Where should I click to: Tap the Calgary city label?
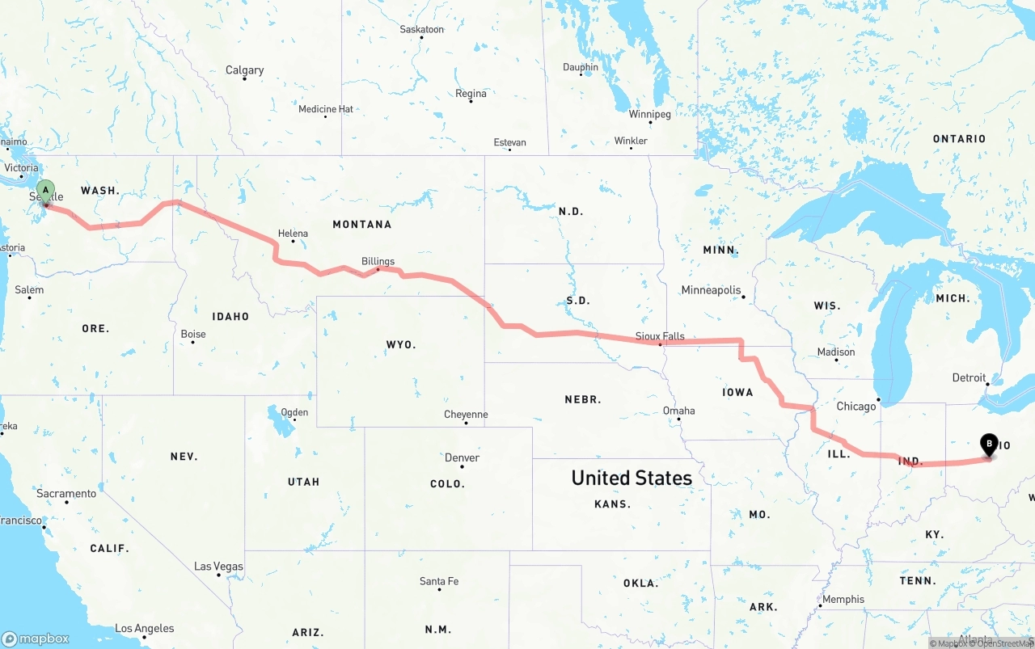tap(244, 70)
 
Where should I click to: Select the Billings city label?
tap(378, 261)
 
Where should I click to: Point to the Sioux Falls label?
tap(660, 336)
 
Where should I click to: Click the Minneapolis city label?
tap(711, 290)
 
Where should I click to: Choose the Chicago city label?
tap(856, 406)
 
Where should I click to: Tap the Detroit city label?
tap(969, 377)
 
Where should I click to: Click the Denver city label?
tap(462, 457)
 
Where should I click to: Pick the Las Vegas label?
tap(218, 567)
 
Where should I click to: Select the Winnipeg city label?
tap(649, 115)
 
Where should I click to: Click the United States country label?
tap(632, 478)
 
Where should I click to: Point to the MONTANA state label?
tap(361, 224)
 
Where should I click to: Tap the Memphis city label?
tap(843, 600)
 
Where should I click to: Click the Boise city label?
tap(193, 334)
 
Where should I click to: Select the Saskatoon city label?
tap(421, 30)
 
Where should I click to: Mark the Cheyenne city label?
tap(466, 415)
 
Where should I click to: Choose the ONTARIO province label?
tap(959, 139)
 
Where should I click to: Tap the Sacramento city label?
tap(66, 493)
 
